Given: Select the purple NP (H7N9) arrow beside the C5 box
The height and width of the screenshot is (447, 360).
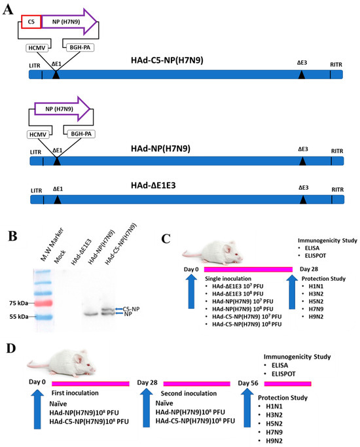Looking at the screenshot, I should [68, 22].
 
